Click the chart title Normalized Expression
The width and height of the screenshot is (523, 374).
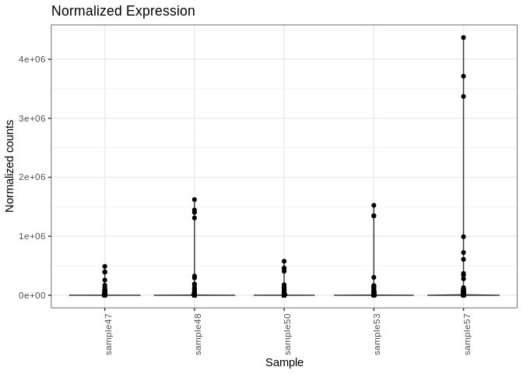click(x=123, y=11)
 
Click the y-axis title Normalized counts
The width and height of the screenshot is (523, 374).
click(x=10, y=165)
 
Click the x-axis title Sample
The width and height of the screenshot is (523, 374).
click(x=284, y=362)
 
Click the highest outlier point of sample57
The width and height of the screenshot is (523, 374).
click(x=463, y=37)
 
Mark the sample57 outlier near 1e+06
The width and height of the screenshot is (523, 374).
click(x=463, y=237)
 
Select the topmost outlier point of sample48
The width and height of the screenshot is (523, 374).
click(x=195, y=199)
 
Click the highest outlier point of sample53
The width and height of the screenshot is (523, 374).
click(x=374, y=206)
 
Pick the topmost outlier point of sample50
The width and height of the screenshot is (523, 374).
click(x=284, y=261)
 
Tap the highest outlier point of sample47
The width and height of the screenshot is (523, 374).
click(x=105, y=266)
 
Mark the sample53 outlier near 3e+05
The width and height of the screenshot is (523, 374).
click(x=374, y=277)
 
